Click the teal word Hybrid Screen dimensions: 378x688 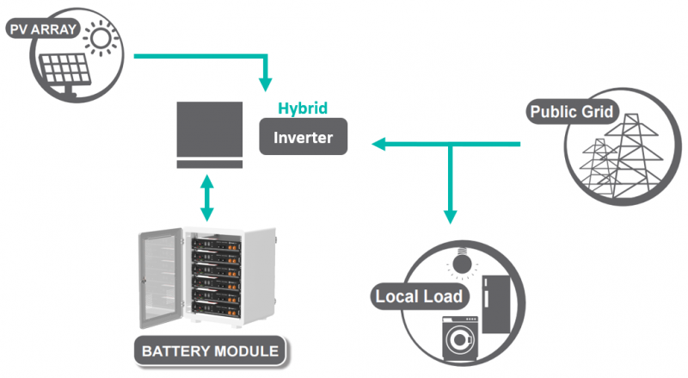click(x=303, y=109)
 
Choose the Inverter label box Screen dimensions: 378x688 click(x=303, y=138)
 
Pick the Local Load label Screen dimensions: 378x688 click(x=419, y=297)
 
